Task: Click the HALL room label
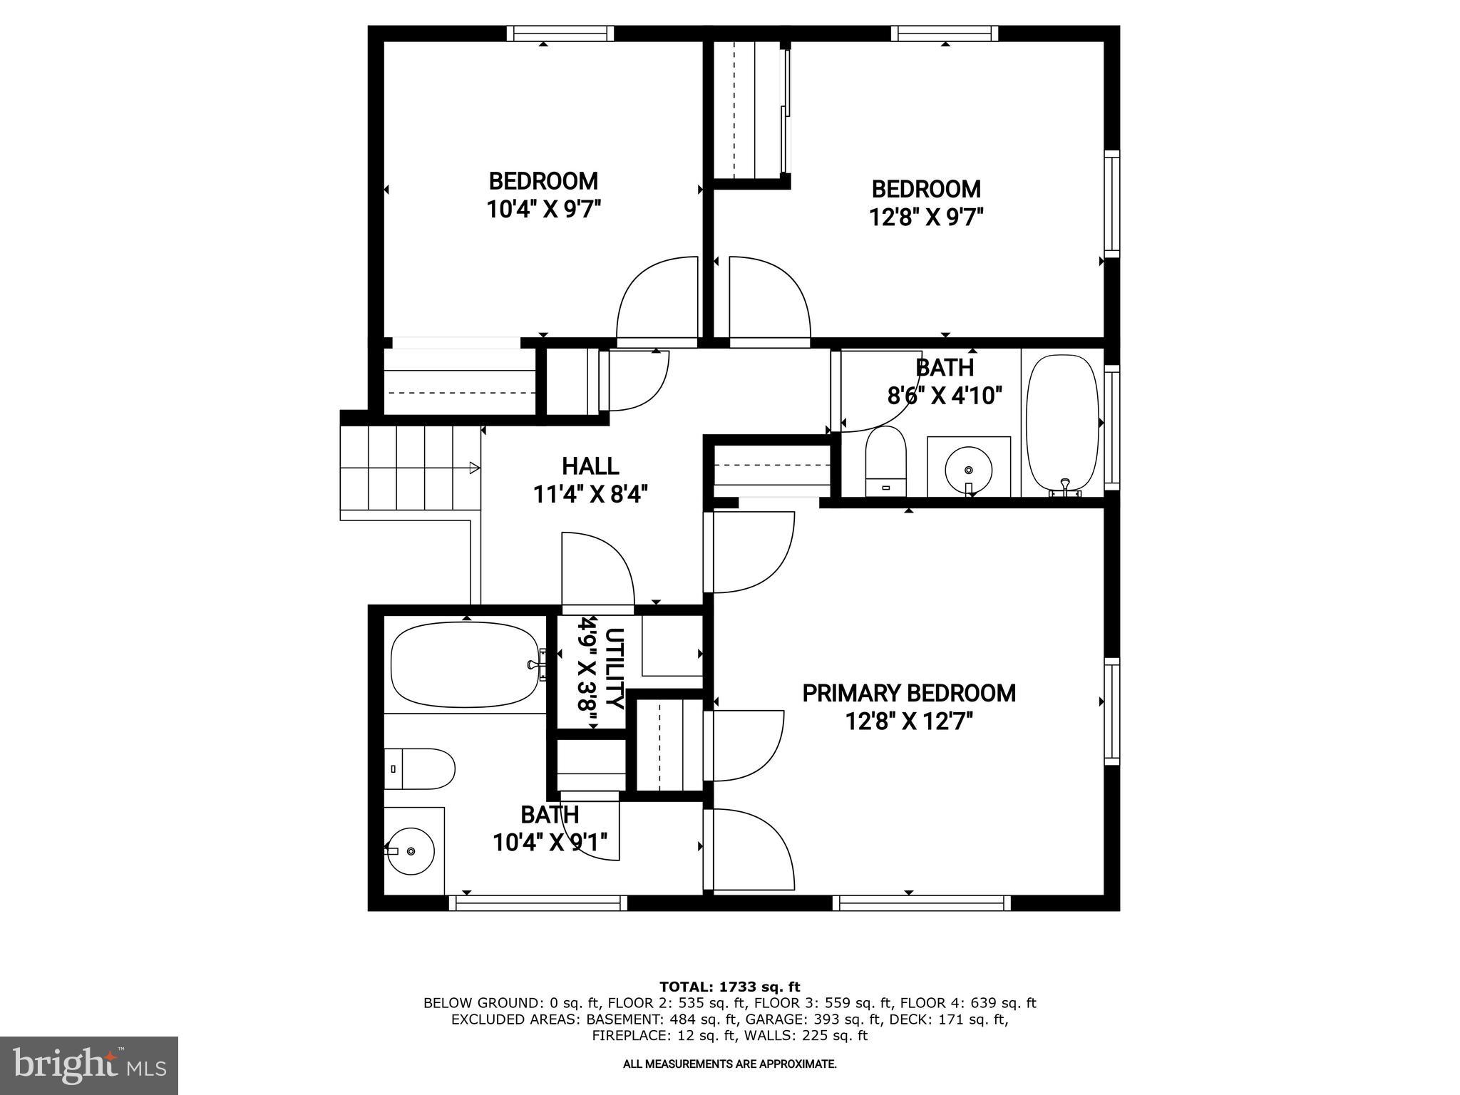pyautogui.click(x=590, y=466)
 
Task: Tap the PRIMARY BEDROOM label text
pyautogui.click(x=909, y=693)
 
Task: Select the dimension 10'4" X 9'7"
pyautogui.click(x=543, y=210)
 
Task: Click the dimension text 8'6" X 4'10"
pyautogui.click(x=945, y=395)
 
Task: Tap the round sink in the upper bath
pyautogui.click(x=968, y=469)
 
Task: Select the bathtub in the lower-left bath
pyautogui.click(x=465, y=664)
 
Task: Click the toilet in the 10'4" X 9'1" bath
pyautogui.click(x=421, y=768)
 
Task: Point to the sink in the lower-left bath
pyautogui.click(x=411, y=850)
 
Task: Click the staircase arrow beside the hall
pyautogui.click(x=473, y=468)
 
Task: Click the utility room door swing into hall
pyautogui.click(x=597, y=570)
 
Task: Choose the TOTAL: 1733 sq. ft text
pyautogui.click(x=729, y=987)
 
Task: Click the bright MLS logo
pyautogui.click(x=89, y=1066)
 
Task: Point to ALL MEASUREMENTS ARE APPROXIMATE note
pyautogui.click(x=729, y=1064)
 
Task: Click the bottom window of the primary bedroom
pyautogui.click(x=922, y=903)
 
